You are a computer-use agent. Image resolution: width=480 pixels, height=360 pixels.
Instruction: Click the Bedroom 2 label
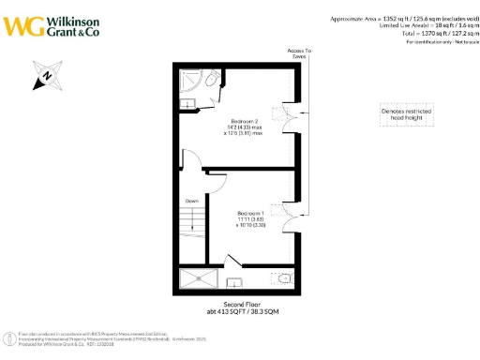pyautogui.click(x=246, y=121)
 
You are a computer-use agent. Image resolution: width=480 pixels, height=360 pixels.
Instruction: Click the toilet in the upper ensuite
pyautogui.click(x=214, y=78)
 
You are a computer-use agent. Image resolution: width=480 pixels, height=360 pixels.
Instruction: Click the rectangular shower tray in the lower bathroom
pyautogui.click(x=199, y=277)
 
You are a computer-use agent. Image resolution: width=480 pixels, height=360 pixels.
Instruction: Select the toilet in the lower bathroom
pyautogui.click(x=284, y=277)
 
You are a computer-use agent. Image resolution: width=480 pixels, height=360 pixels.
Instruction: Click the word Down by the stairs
pyautogui.click(x=191, y=200)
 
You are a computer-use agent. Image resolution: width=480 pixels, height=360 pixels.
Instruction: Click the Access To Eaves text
pyautogui.click(x=299, y=52)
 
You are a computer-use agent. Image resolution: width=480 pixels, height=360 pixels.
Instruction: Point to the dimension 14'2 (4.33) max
pyautogui.click(x=246, y=127)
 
